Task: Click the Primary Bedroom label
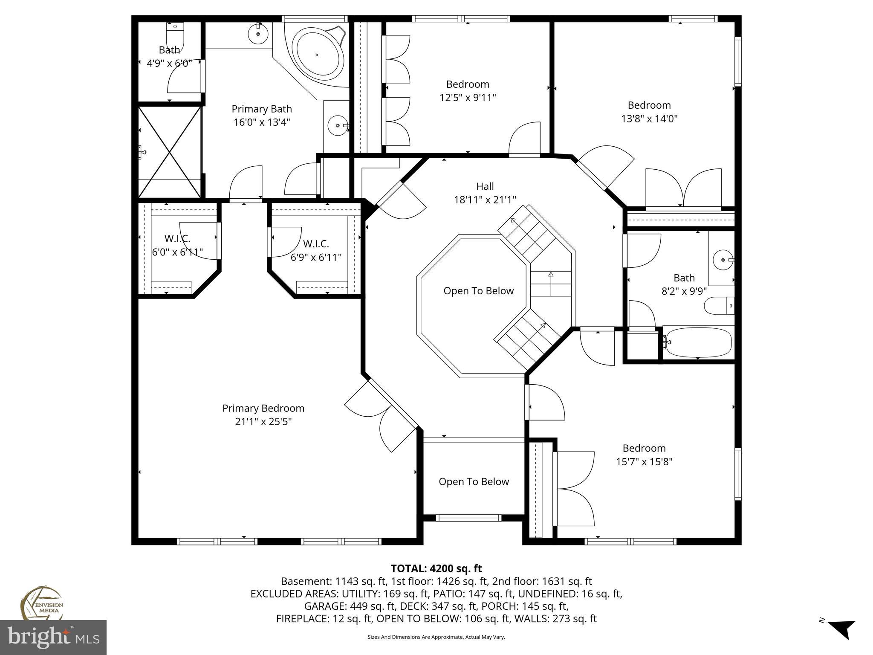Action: click(263, 408)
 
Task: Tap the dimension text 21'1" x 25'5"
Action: click(263, 422)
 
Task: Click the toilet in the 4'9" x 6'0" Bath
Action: click(175, 36)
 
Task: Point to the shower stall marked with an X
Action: click(170, 152)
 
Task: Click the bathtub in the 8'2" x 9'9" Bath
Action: click(697, 342)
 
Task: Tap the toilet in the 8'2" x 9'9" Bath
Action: click(720, 306)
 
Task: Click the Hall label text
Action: click(485, 186)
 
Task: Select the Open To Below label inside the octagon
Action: click(478, 291)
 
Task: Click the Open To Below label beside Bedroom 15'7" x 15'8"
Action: click(474, 481)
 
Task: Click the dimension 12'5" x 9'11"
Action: click(468, 98)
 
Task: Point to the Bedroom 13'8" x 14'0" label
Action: click(649, 105)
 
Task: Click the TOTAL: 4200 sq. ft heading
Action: click(436, 568)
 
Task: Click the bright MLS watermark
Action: click(53, 638)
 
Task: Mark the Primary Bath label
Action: click(261, 109)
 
